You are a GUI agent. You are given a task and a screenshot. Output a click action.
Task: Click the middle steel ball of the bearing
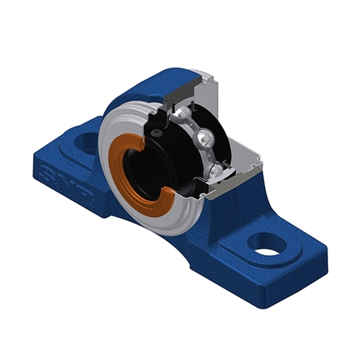(203, 138)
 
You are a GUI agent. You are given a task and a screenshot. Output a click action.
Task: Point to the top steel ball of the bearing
(184, 114)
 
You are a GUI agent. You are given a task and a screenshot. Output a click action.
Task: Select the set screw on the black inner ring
(156, 134)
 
